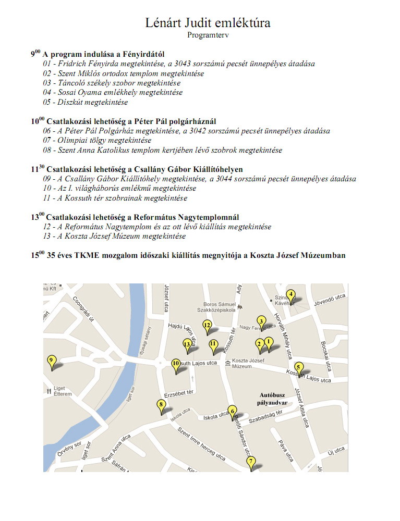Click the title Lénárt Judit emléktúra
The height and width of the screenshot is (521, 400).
tap(208, 24)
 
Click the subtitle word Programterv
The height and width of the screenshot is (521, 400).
tap(208, 35)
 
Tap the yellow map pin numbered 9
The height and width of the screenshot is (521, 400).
tap(51, 361)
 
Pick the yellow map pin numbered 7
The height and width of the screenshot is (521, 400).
tap(251, 462)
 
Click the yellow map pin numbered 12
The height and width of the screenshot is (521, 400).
tap(207, 326)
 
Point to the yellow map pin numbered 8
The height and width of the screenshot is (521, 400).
tap(161, 405)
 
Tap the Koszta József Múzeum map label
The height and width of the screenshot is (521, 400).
tap(245, 364)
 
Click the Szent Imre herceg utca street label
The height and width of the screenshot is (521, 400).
tap(201, 443)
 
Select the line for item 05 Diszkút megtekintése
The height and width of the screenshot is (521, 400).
tap(86, 102)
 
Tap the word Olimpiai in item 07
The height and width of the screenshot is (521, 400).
tap(72, 141)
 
